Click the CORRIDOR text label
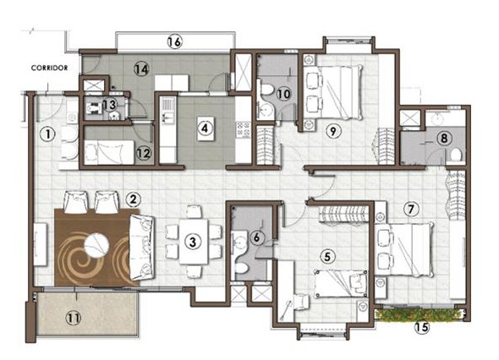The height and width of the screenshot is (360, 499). pyautogui.click(x=49, y=68)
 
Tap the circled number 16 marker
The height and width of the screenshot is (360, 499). pyautogui.click(x=175, y=42)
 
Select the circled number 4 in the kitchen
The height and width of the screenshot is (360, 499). pyautogui.click(x=205, y=128)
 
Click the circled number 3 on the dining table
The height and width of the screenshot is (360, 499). pyautogui.click(x=193, y=242)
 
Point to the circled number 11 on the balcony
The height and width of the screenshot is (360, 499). pyautogui.click(x=74, y=318)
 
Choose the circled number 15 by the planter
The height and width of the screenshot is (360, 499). pyautogui.click(x=422, y=326)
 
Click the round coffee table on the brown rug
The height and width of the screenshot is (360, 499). pyautogui.click(x=96, y=245)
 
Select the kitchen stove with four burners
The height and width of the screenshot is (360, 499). pyautogui.click(x=243, y=128)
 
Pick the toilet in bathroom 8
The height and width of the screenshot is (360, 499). pyautogui.click(x=456, y=155)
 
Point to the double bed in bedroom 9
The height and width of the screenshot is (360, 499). pyautogui.click(x=333, y=91)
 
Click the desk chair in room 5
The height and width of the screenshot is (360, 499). pyautogui.click(x=301, y=302)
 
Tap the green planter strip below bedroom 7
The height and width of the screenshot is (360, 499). pyautogui.click(x=419, y=314)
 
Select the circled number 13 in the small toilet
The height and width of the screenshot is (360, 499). pyautogui.click(x=110, y=105)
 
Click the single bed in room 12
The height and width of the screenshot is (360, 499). pyautogui.click(x=109, y=153)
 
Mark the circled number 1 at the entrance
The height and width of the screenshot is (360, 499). pyautogui.click(x=47, y=134)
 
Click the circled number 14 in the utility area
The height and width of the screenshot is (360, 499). pyautogui.click(x=141, y=68)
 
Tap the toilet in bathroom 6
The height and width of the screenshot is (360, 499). pyautogui.click(x=241, y=269)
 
